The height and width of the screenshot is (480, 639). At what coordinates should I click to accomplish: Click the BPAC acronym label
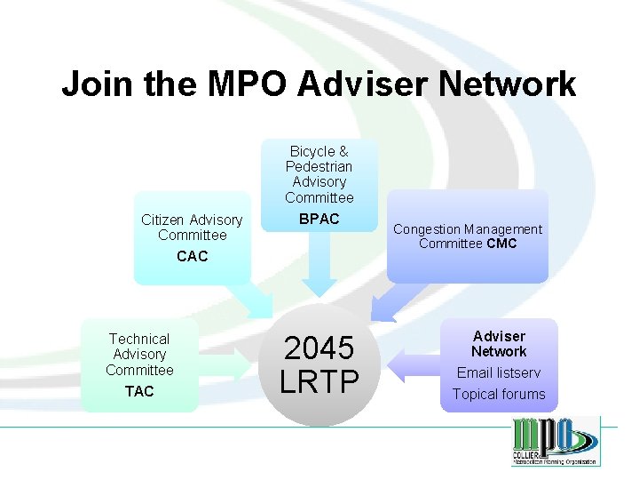319,219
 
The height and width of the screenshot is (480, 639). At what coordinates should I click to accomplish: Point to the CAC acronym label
192,257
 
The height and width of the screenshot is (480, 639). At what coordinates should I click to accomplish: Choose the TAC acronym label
139,391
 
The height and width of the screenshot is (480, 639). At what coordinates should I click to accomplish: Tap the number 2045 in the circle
319,348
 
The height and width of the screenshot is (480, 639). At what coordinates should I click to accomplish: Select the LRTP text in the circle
319,381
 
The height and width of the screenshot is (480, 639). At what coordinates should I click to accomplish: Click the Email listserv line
499,372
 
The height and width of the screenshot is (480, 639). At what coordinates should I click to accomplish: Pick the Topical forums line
499,394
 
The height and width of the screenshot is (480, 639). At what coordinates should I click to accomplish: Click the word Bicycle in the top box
312,151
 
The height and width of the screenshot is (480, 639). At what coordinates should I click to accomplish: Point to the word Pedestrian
319,166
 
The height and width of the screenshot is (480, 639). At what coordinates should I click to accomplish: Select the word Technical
139,339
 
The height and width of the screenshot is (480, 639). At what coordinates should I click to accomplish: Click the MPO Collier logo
555,441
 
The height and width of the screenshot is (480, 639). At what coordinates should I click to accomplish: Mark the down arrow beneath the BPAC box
319,267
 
